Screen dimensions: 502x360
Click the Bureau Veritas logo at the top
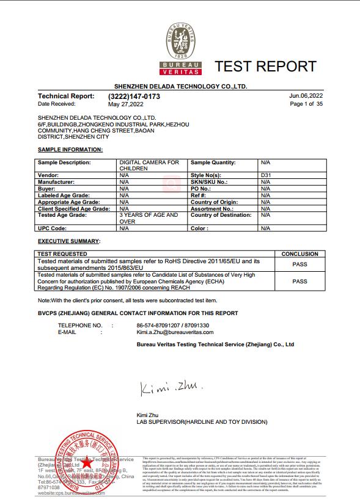180,49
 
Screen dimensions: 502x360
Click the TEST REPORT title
265,67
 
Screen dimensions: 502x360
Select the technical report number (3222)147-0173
134,96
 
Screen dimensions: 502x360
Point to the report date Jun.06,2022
306,96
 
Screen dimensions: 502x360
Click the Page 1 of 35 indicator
306,104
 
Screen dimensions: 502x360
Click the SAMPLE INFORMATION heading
70,150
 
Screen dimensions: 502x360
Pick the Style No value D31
265,175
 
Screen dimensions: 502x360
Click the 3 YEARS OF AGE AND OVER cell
149,218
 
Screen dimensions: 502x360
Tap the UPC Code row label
52,228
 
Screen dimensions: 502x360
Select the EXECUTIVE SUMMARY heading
68,242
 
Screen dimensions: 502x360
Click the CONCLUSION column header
299,253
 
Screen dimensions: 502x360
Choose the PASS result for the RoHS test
299,264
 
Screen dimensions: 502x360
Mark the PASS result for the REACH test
299,282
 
